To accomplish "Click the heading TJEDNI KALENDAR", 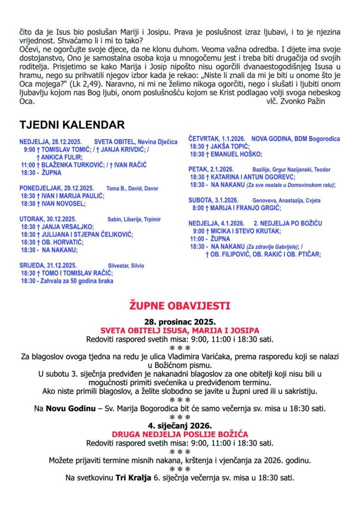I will click(x=72, y=125).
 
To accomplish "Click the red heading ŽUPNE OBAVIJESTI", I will click(x=180, y=305).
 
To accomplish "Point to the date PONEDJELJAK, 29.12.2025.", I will click(x=57, y=188).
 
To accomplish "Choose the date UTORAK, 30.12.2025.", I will click(x=49, y=219).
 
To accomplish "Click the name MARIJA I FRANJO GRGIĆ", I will click(x=246, y=208).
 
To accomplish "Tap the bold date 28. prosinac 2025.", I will click(x=180, y=322).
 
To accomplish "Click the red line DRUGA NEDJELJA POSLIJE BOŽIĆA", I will click(x=180, y=434).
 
